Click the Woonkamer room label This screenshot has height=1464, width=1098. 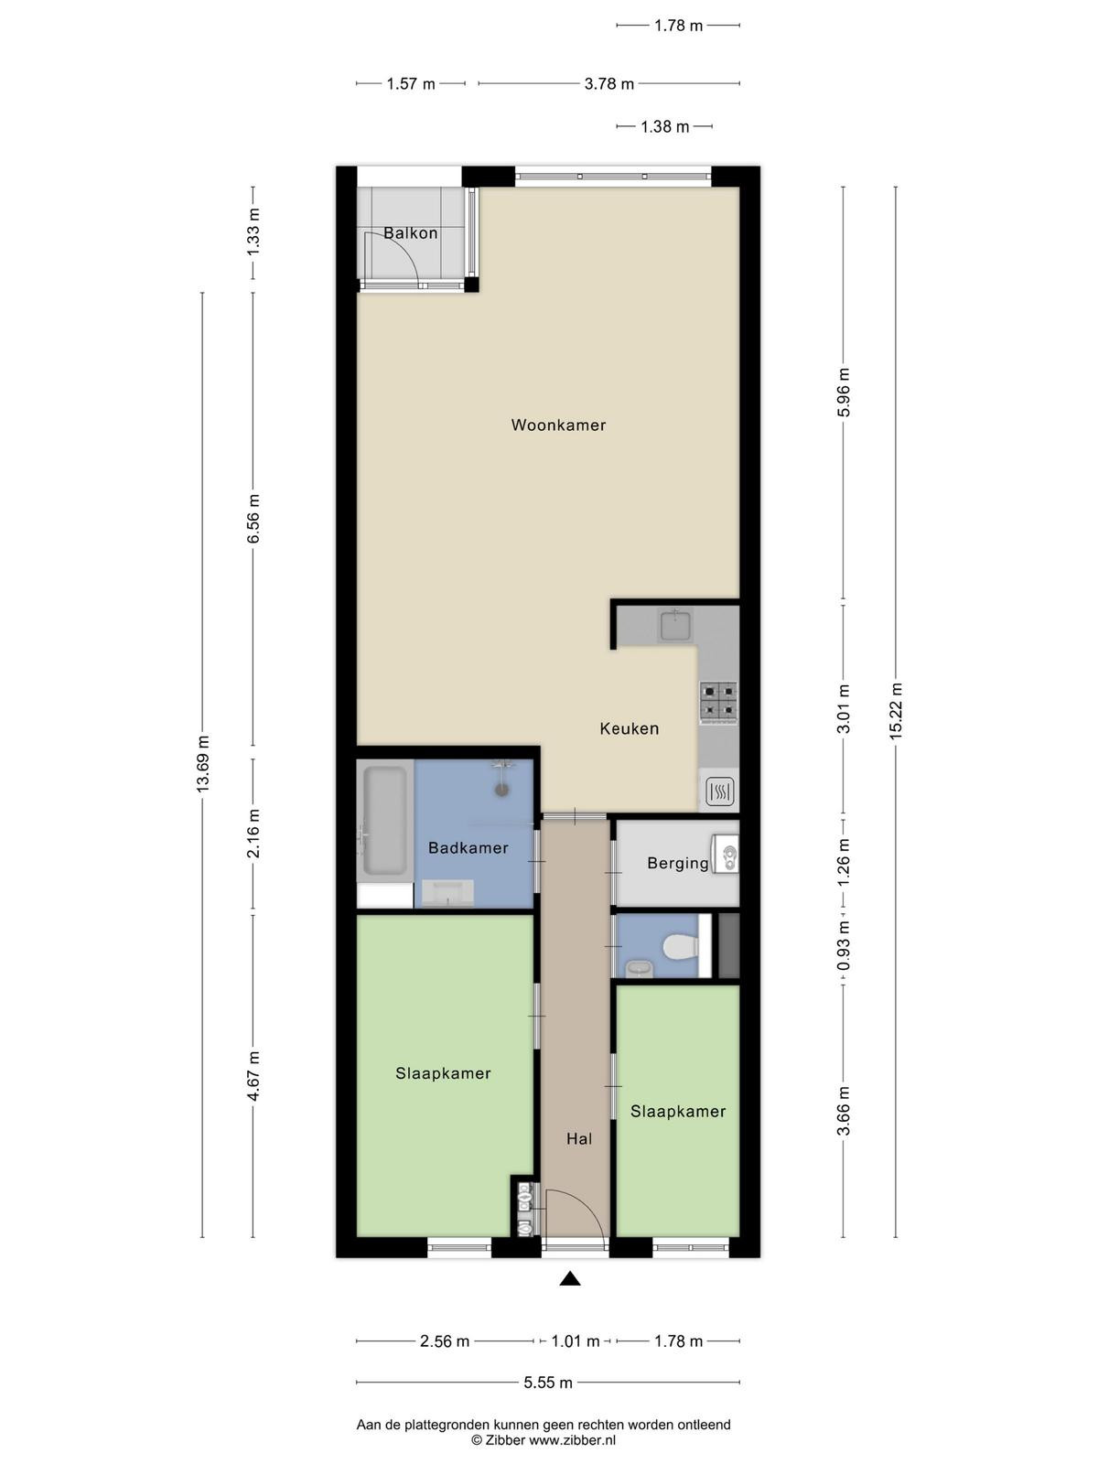click(x=558, y=425)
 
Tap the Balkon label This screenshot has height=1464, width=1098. click(x=410, y=233)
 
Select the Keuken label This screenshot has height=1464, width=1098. click(x=629, y=729)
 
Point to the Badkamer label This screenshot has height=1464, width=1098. click(x=468, y=847)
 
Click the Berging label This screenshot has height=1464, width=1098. click(x=677, y=864)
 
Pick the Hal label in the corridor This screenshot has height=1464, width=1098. click(x=578, y=1138)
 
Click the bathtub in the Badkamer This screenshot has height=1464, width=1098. click(x=384, y=821)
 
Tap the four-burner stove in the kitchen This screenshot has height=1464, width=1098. click(x=718, y=703)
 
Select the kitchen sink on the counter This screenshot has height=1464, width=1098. click(x=676, y=625)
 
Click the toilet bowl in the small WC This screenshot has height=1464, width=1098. click(x=681, y=947)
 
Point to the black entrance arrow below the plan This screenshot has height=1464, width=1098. click(x=569, y=1278)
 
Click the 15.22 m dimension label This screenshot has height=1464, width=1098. click(x=896, y=710)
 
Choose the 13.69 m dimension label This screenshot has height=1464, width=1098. click(x=202, y=764)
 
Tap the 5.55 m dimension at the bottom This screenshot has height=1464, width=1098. click(x=547, y=1383)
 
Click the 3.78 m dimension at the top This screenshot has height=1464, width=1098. click(x=608, y=84)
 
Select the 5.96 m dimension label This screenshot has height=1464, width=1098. click(x=844, y=393)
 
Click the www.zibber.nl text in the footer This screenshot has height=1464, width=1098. click(x=572, y=1440)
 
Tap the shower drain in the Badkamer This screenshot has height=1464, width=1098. click(x=501, y=790)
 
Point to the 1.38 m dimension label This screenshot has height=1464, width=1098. click(x=664, y=126)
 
